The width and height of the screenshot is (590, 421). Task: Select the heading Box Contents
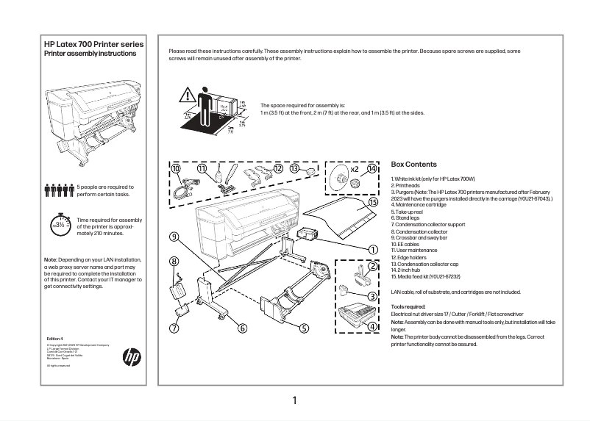coord(413,165)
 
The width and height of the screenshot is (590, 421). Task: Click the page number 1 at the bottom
coord(294,400)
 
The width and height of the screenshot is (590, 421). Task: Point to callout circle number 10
coord(176,169)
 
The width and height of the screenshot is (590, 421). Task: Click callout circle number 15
coord(373,201)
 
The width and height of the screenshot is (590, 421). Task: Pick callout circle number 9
coord(174,237)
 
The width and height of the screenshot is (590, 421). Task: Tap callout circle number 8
coord(174,261)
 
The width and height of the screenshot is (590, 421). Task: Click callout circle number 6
coord(241,328)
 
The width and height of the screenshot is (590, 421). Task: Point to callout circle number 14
coord(372,168)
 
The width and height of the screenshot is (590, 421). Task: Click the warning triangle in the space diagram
coord(188,94)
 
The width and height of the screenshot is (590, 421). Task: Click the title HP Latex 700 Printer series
coord(94,45)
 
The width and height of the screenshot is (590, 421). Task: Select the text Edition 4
coord(55,339)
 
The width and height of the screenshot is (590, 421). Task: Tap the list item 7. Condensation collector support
coord(428,224)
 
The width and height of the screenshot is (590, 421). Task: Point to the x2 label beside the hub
coord(354,169)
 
